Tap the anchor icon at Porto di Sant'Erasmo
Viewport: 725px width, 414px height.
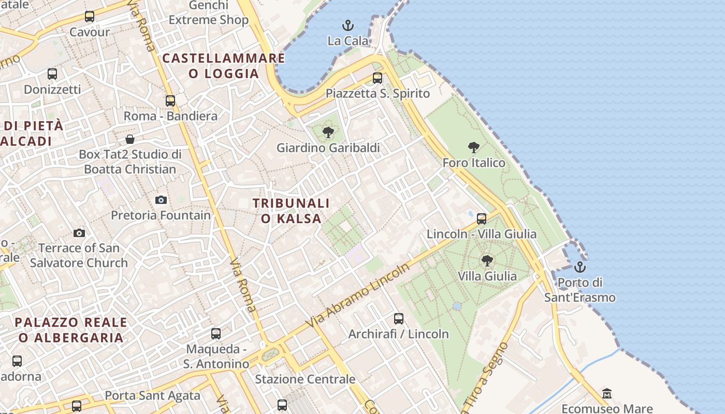click(x=580, y=267)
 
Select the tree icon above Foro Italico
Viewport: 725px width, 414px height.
click(x=473, y=147)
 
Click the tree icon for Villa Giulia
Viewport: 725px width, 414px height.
click(x=487, y=260)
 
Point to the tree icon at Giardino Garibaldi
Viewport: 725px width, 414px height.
click(x=328, y=132)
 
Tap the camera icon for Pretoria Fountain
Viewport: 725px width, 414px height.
click(x=161, y=200)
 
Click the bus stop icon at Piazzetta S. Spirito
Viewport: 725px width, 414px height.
click(x=378, y=78)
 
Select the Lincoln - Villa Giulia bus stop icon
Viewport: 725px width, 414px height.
click(x=482, y=219)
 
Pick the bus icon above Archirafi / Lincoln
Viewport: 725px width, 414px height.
click(x=398, y=319)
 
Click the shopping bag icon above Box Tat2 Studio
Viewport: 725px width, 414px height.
click(x=130, y=139)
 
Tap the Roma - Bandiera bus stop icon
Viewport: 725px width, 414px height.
click(x=170, y=101)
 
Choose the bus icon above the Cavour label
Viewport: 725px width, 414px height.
click(x=90, y=17)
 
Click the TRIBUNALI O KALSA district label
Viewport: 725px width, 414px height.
click(x=291, y=211)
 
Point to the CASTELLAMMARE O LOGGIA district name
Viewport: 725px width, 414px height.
click(x=224, y=66)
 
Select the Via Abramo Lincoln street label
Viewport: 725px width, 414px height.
click(x=357, y=295)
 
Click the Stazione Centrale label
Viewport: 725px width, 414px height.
click(x=305, y=379)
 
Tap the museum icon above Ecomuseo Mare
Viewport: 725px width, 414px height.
click(x=607, y=394)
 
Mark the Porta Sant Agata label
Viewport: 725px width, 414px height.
click(x=152, y=396)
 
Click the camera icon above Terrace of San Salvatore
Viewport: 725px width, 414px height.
click(x=79, y=233)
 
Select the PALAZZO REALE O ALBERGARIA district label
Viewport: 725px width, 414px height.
click(x=71, y=330)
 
